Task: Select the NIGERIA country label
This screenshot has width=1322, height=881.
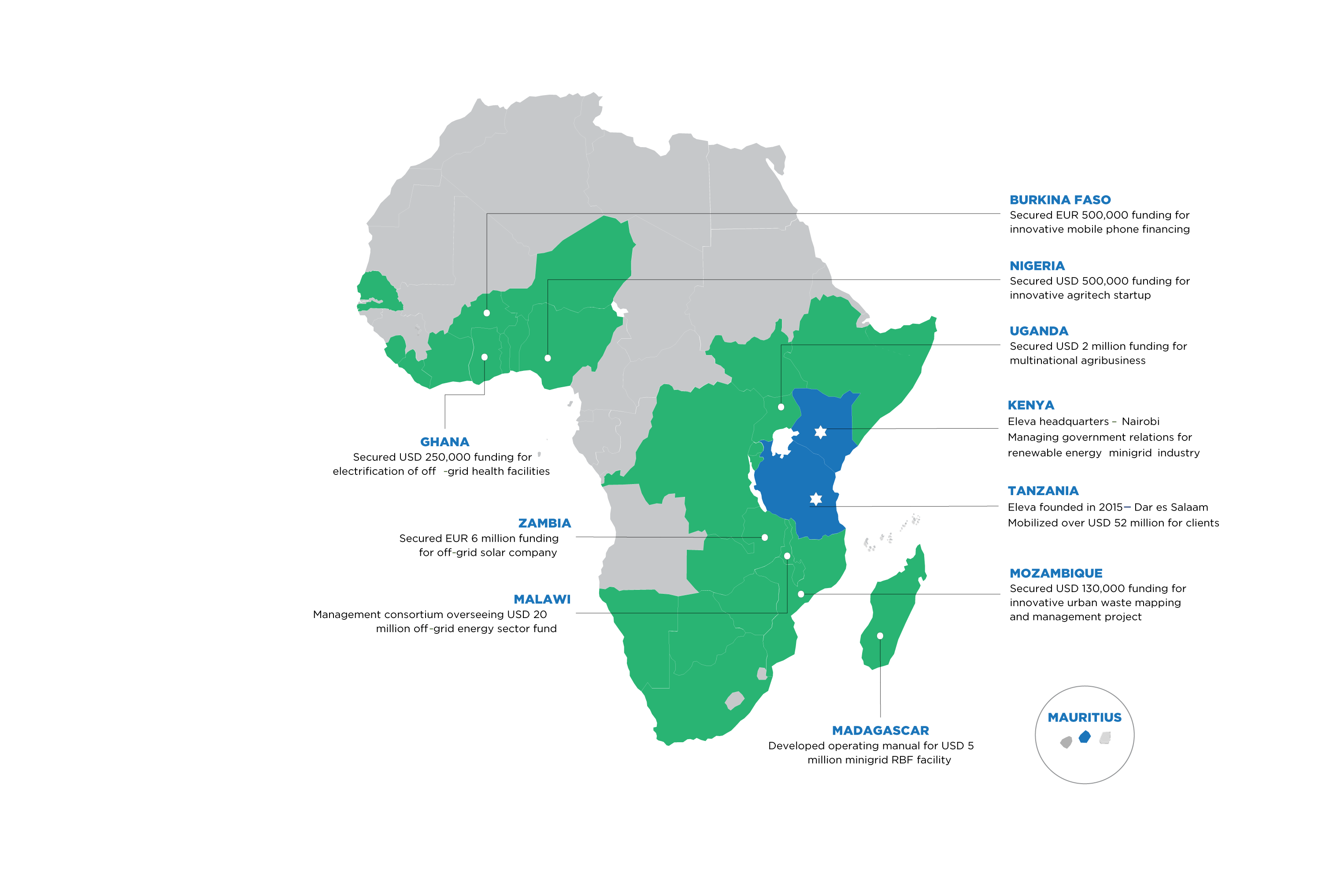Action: [1037, 267]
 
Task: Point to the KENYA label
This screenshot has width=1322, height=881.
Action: [1030, 406]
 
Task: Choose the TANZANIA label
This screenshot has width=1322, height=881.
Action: [1043, 491]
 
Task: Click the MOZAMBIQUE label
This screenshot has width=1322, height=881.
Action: [1055, 574]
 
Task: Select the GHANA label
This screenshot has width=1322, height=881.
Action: [444, 442]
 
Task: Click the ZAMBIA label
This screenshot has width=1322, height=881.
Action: [544, 524]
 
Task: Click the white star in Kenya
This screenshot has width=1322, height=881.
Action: [820, 432]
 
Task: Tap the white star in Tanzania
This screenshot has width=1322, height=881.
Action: [816, 498]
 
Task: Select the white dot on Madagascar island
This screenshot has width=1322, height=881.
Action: [880, 636]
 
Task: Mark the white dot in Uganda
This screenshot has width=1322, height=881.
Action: [781, 407]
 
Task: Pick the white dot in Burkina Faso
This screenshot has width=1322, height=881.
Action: [486, 313]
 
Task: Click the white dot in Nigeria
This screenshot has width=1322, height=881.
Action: [548, 358]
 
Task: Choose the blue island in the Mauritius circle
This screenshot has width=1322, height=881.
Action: [1085, 737]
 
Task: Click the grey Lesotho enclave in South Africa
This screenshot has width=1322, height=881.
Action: [734, 700]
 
